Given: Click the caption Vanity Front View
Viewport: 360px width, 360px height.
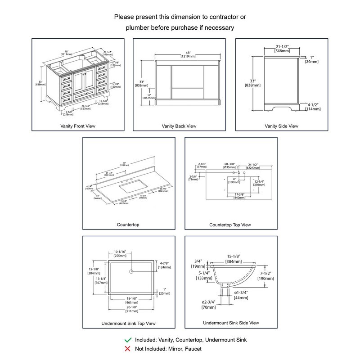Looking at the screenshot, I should coord(78,126).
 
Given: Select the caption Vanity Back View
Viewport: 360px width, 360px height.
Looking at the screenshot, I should coord(179,126).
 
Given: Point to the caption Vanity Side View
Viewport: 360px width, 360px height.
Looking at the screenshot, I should coord(281,126).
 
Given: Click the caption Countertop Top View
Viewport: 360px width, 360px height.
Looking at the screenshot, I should coord(230,225).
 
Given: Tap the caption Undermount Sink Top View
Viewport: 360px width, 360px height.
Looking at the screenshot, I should coord(130,323).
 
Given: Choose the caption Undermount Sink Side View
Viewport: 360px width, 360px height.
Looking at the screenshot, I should coord(231,323).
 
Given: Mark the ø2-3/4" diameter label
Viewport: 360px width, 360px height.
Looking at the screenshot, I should coord(209,305).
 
